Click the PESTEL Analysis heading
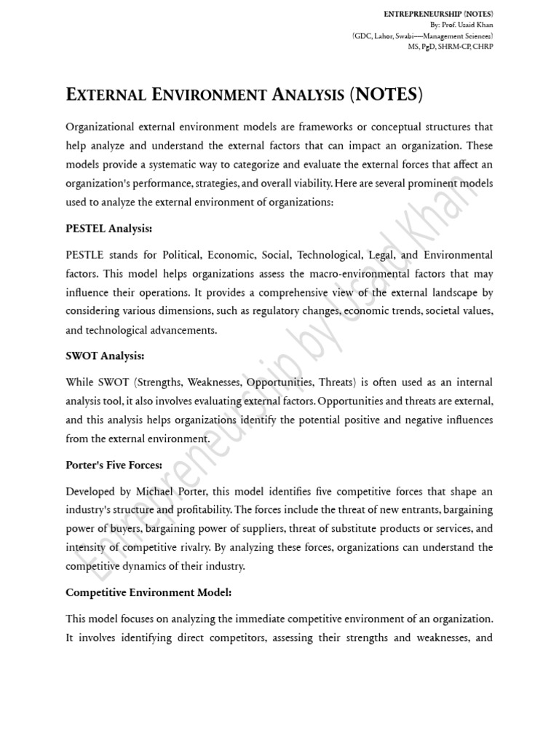108,228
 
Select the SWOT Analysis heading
105,356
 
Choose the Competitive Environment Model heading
148,592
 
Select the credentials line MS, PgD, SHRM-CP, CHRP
450,45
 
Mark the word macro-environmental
338,274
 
